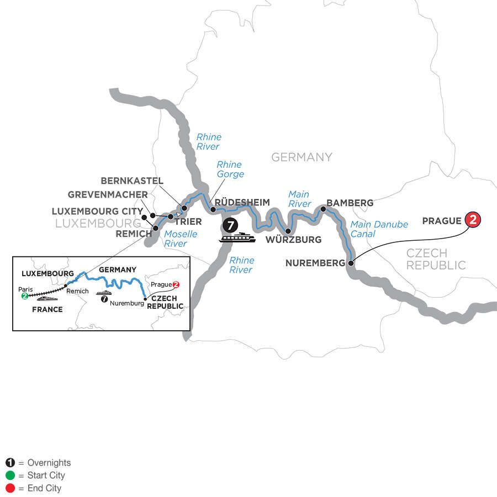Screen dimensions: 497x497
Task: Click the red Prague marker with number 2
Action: pos(473,220)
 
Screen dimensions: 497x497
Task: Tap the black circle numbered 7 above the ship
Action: pos(231,225)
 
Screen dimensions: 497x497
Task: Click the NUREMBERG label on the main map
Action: pos(314,263)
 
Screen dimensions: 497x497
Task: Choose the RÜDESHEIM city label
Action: pos(242,203)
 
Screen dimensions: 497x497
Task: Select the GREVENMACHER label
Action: pos(108,195)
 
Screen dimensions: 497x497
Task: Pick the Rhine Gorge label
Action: pos(229,170)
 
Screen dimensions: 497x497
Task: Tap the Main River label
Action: pos(299,199)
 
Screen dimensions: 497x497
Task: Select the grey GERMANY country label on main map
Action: pos(302,157)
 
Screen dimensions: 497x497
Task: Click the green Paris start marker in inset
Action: pos(25,296)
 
